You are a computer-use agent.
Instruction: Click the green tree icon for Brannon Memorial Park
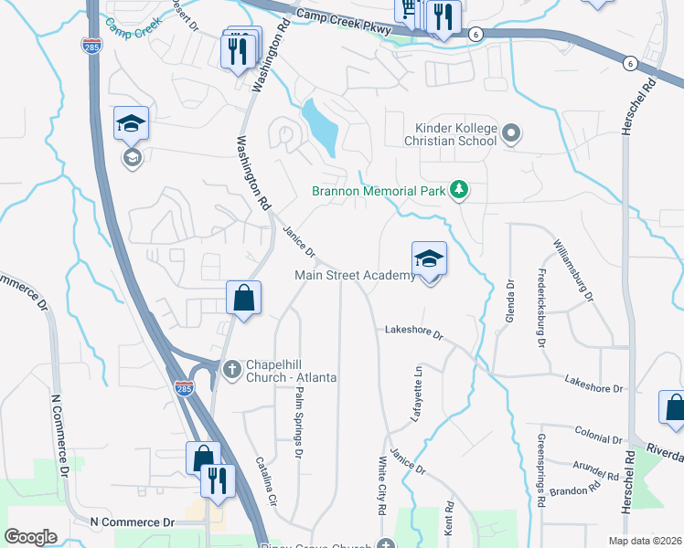(x=458, y=190)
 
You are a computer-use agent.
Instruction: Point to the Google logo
(x=30, y=537)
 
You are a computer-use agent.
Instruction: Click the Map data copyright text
(x=645, y=540)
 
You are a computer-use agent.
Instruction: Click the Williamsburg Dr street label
(x=573, y=270)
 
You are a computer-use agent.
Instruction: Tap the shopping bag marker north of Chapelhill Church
(x=244, y=299)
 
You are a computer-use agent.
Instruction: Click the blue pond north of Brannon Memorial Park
(x=320, y=126)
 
